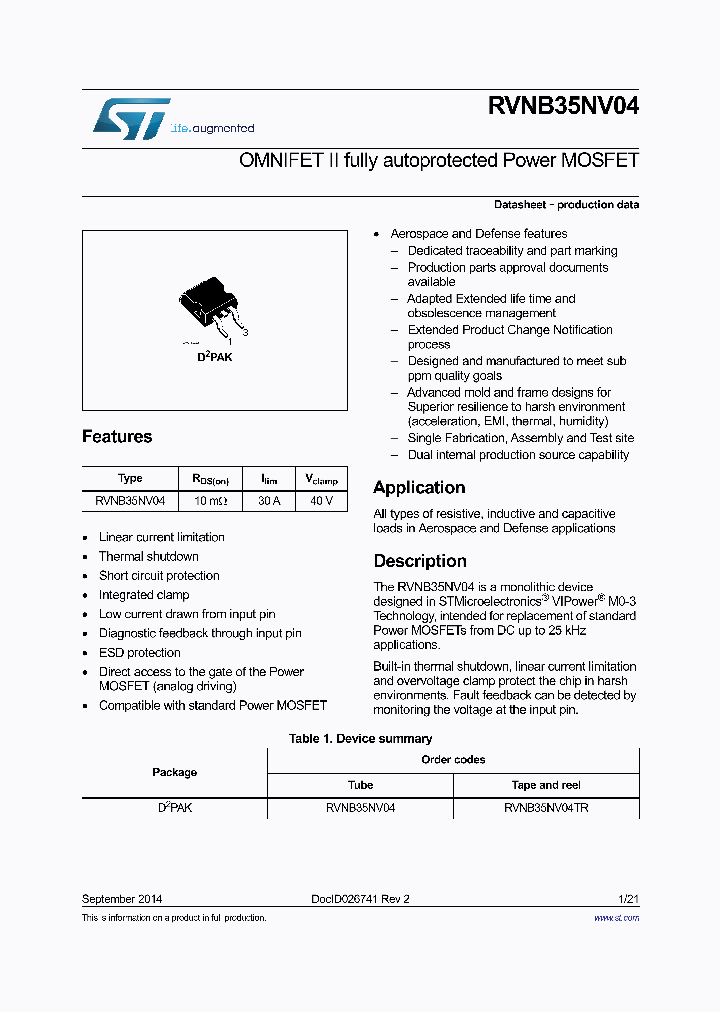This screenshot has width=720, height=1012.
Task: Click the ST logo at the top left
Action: click(x=131, y=119)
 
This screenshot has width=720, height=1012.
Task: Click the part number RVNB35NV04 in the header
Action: click(x=563, y=108)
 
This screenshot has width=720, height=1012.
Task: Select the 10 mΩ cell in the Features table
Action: click(x=210, y=501)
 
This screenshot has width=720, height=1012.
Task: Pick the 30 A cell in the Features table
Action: click(x=269, y=501)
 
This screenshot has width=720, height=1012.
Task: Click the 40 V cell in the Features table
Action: click(x=321, y=501)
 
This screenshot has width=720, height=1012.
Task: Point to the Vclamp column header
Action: click(x=321, y=479)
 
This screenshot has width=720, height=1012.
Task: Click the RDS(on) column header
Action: click(x=210, y=479)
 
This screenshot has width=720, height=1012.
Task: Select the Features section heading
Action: click(x=117, y=437)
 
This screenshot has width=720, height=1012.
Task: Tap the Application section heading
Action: click(x=419, y=488)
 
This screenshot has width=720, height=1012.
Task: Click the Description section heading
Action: click(x=420, y=561)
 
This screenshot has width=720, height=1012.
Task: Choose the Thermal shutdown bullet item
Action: click(x=148, y=557)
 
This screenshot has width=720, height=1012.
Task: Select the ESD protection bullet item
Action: click(x=139, y=653)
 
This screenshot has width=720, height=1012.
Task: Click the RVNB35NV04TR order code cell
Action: click(x=546, y=808)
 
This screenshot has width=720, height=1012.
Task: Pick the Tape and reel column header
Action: click(x=546, y=785)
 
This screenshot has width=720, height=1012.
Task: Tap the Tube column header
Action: click(x=360, y=785)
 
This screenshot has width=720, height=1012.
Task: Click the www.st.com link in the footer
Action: click(x=616, y=917)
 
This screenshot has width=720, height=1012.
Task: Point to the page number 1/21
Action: click(x=629, y=899)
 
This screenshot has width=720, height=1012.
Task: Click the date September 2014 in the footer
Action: click(x=122, y=899)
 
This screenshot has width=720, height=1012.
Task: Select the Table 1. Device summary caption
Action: click(x=360, y=739)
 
